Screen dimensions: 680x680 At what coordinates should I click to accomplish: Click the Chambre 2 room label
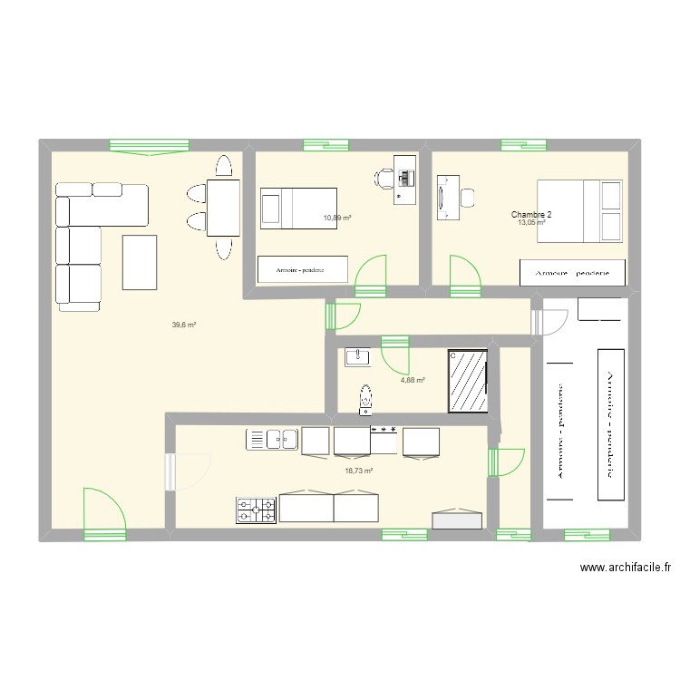coord(530,215)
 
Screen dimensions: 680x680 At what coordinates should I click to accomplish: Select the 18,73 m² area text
coord(359,471)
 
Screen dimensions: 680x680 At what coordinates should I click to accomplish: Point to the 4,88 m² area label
coord(413,381)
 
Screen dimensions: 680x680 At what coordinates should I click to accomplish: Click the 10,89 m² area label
coord(337,218)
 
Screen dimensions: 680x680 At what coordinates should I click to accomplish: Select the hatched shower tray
coord(468,381)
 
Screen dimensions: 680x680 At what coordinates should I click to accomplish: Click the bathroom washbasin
coord(357,358)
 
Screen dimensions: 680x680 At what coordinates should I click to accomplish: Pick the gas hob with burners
coord(257,510)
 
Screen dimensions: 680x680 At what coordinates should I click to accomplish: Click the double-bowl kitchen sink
coord(273,440)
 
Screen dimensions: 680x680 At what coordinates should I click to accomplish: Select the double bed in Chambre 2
coord(580,211)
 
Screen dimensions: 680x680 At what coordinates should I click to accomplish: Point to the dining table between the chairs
coord(223,207)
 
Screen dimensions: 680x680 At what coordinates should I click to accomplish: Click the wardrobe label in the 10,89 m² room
coord(302,268)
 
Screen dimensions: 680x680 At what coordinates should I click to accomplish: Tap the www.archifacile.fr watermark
coord(626,568)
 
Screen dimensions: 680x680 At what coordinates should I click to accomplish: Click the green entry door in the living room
coord(102,512)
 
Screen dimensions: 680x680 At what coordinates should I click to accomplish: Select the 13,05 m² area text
coord(530,223)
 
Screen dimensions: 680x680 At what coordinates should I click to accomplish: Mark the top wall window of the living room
coord(149,145)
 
